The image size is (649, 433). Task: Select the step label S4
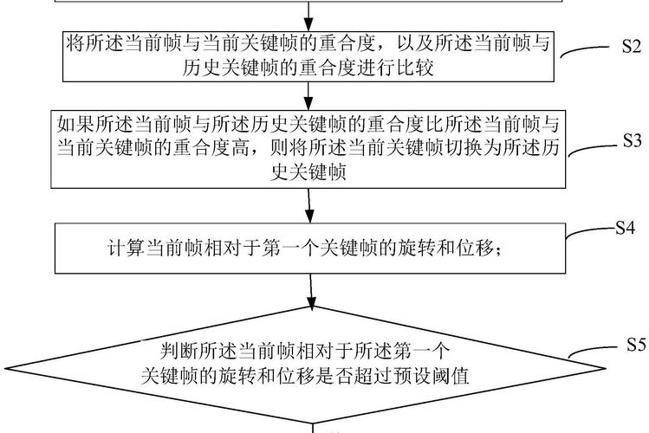coord(626,228)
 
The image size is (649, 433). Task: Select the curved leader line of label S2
coord(589,50)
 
